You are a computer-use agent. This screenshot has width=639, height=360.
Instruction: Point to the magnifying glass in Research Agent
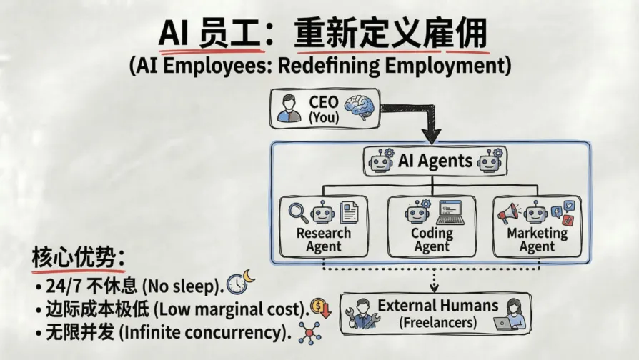[x=298, y=211]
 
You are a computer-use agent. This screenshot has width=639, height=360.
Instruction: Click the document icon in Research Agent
[x=349, y=212]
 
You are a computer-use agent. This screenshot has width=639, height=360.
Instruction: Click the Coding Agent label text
[x=432, y=240]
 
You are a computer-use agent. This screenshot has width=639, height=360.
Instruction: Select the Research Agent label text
[x=324, y=240]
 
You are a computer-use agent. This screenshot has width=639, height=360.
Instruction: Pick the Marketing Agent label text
[x=537, y=240]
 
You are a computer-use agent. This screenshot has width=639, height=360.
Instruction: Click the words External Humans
[x=437, y=306]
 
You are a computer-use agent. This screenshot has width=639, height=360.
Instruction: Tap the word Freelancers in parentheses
[x=437, y=322]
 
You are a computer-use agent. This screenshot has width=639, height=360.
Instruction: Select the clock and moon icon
[x=239, y=281]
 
